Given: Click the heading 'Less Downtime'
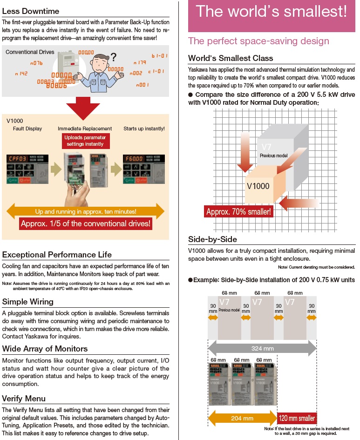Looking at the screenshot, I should pos(31,11).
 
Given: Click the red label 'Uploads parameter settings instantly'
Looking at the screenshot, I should pos(85,141).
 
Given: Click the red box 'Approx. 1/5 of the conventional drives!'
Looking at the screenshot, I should pos(86,223).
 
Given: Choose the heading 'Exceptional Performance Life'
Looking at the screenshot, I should pos(57,255).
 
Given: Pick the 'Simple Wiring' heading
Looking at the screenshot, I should pos(28,302).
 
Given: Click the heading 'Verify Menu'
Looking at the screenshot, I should pos(24,399).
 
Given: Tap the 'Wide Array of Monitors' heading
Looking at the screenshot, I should pos(45,349).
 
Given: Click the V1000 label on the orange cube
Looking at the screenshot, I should pos(258,186).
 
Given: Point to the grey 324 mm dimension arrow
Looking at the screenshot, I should pos(262,348).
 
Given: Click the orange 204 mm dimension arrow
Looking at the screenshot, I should pos(242,418).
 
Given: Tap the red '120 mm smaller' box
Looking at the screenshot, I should pos(297,418).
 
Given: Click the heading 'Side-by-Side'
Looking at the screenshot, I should pos(212,239).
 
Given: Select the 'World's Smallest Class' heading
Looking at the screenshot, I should pos(231,58).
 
